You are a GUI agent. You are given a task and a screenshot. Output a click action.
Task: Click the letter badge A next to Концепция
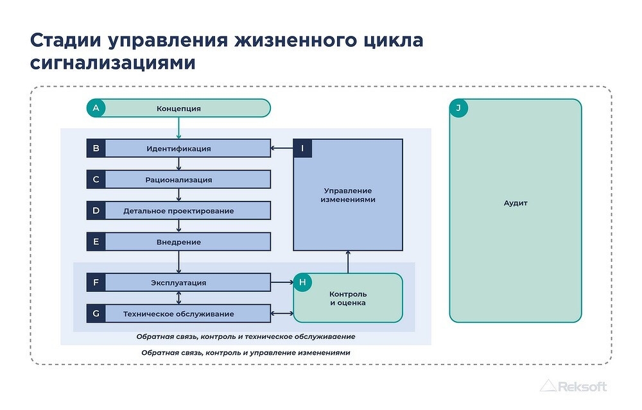[96, 108]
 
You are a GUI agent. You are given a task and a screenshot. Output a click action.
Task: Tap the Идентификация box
[179, 148]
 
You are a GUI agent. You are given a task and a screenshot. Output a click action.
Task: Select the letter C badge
[96, 179]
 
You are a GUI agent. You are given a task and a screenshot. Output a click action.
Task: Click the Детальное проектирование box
[179, 210]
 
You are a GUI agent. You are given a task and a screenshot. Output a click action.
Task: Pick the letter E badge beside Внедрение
[96, 241]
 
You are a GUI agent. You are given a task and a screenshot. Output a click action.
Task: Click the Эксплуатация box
[179, 282]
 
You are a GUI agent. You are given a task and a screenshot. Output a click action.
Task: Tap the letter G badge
[96, 313]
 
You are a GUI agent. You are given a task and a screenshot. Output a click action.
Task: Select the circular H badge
[302, 282]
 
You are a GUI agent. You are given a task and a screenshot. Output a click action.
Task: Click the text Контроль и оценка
[348, 298]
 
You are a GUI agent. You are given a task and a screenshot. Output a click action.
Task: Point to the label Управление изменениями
[348, 195]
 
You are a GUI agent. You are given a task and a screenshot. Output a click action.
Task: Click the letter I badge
[302, 148]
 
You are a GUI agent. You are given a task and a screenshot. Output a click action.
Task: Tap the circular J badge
[458, 108]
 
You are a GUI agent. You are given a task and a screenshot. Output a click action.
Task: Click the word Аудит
[516, 203]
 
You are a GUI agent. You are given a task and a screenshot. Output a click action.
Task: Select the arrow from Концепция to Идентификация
[178, 128]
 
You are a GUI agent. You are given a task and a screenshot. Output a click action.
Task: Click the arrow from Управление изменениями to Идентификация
[282, 148]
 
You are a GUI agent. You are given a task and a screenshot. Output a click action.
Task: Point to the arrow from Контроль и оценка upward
[348, 262]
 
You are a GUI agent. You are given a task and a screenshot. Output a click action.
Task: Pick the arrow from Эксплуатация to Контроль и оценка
[282, 282]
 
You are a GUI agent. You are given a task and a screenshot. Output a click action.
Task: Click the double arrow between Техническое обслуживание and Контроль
[282, 314]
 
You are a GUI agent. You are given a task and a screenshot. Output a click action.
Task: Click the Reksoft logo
[573, 386]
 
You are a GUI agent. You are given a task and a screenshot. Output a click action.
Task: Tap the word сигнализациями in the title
[112, 64]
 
